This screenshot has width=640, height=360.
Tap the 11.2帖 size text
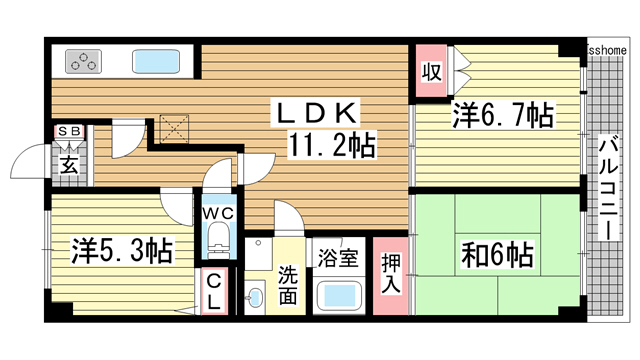[x=333, y=148]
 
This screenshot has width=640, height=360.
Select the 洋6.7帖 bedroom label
[x=502, y=116]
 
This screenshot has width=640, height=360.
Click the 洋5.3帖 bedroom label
[x=121, y=248]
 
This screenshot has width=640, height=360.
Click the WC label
[x=219, y=212]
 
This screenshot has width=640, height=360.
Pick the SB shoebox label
[x=69, y=131]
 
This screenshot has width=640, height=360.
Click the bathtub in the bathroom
[x=337, y=297]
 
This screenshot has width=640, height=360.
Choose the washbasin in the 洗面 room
[x=255, y=298]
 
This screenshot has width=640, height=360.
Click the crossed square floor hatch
[x=177, y=125]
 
